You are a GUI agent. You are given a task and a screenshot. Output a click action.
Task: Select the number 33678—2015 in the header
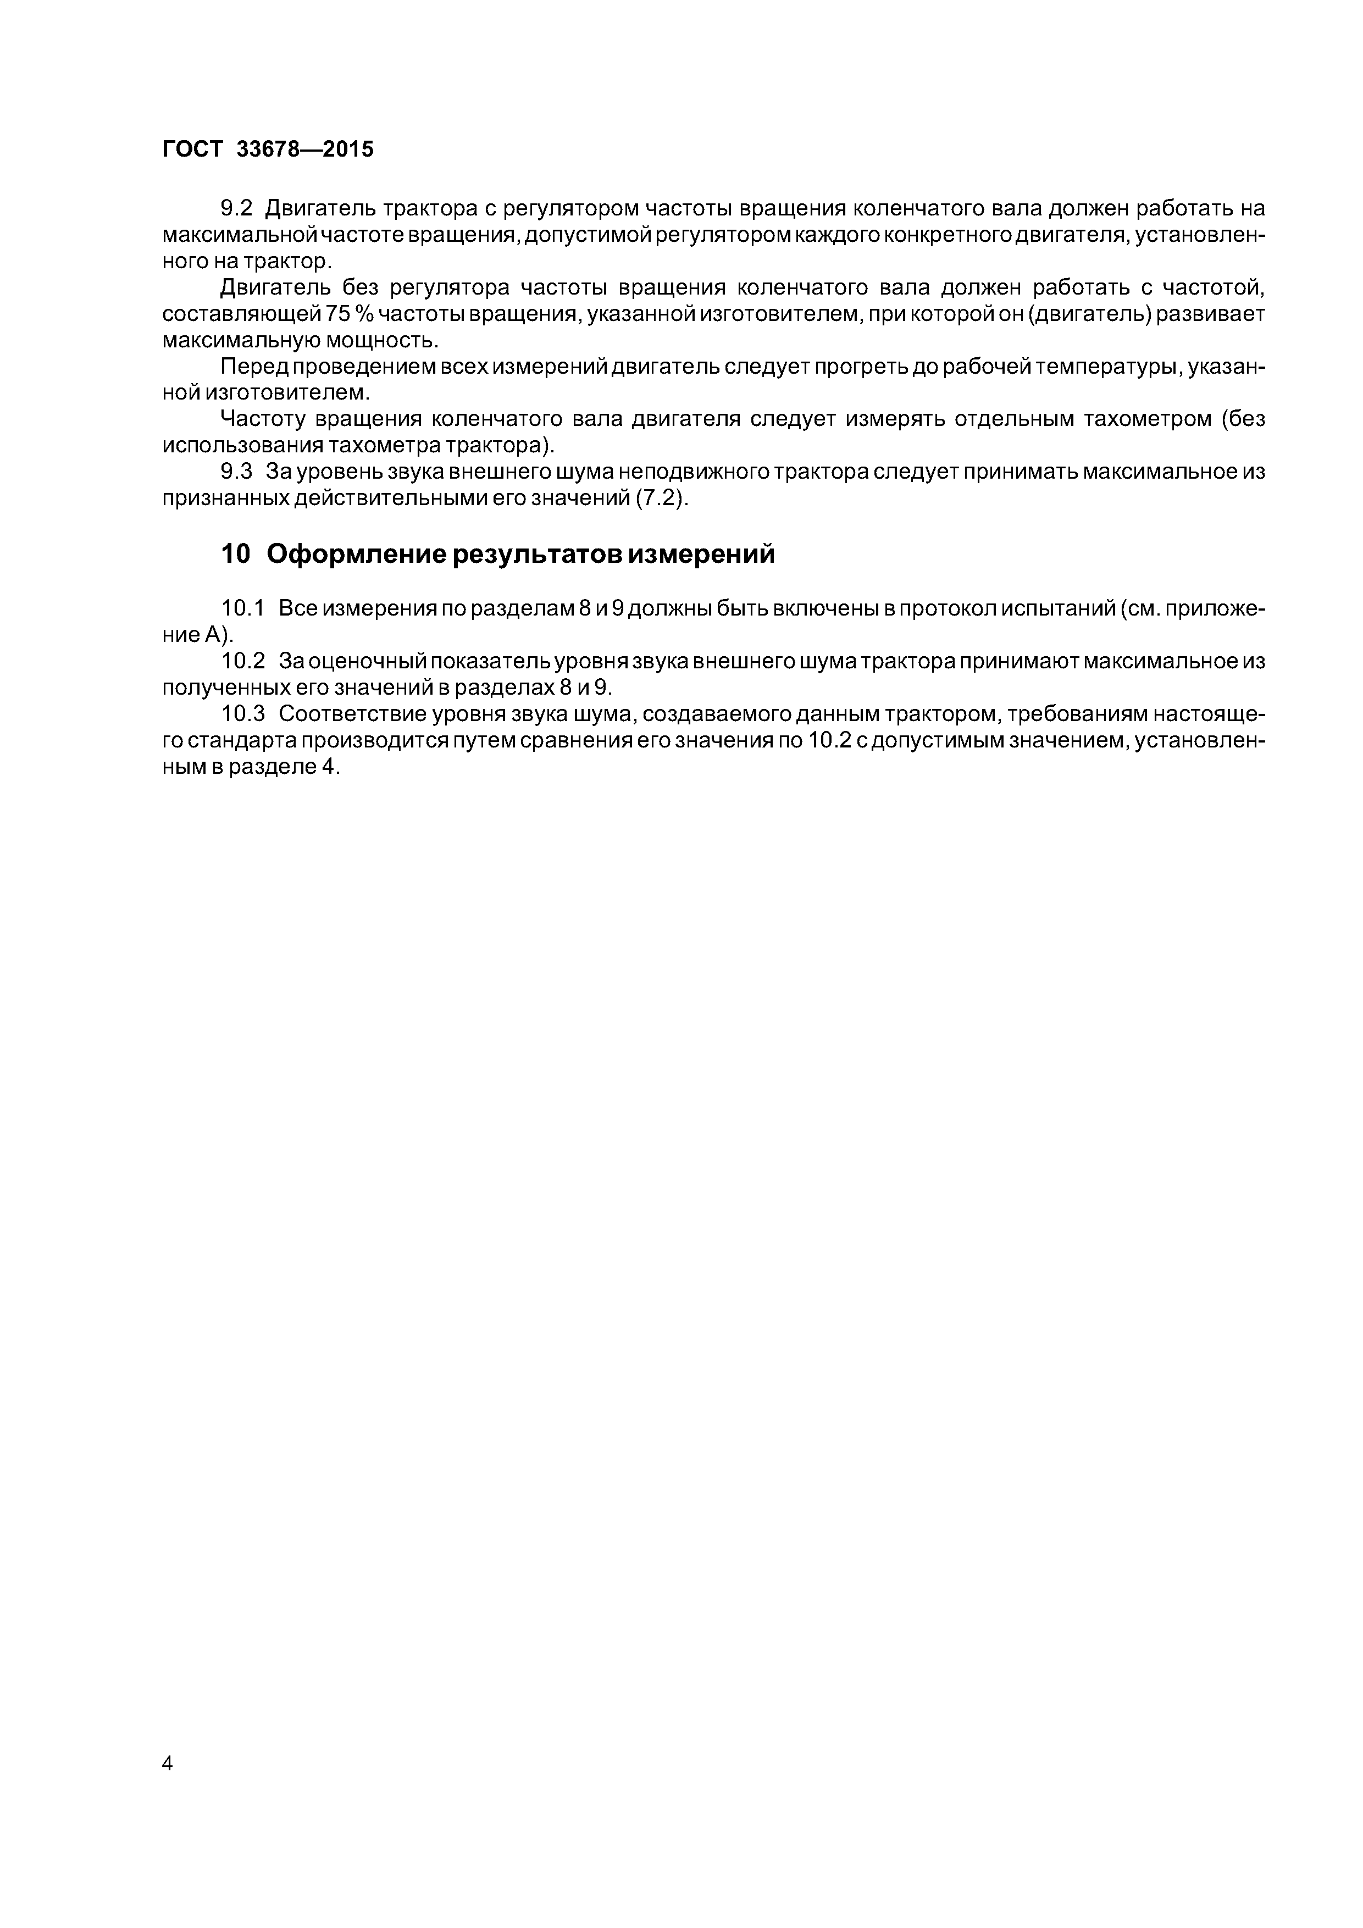click(305, 149)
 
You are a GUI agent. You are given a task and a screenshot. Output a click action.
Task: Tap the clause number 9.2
click(236, 208)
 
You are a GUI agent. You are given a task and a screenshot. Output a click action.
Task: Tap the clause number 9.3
click(236, 472)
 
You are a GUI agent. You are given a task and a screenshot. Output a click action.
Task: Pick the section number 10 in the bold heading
click(235, 554)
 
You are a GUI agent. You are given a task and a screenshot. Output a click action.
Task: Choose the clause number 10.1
click(243, 607)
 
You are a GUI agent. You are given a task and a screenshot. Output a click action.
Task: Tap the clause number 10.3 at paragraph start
click(243, 714)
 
